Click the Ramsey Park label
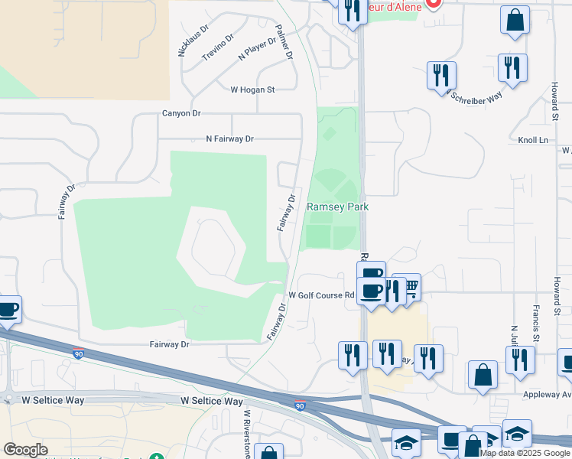click(x=337, y=207)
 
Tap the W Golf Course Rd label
click(x=322, y=295)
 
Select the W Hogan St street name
click(x=252, y=90)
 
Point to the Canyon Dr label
click(x=181, y=113)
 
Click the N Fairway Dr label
click(x=229, y=139)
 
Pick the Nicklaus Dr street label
click(x=193, y=41)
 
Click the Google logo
click(x=25, y=450)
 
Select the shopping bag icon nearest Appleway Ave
click(x=483, y=375)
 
